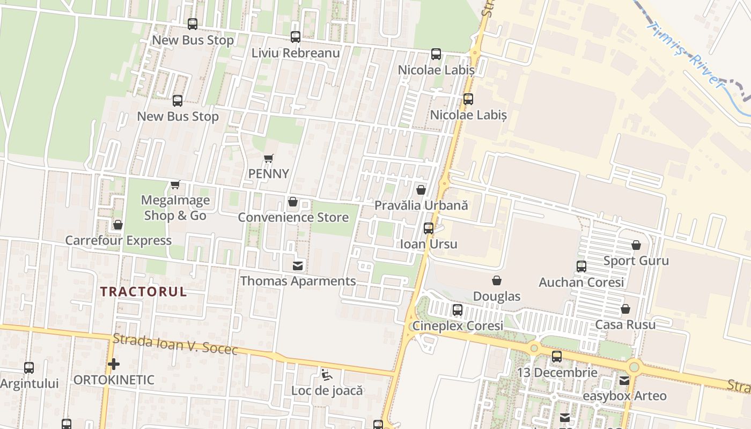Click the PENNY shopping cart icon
269,159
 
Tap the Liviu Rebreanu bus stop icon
296,37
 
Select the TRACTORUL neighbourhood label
144,292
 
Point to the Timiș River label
685,54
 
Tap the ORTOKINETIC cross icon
113,365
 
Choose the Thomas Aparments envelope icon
297,265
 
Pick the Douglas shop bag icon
497,280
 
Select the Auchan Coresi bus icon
581,267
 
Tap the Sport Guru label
636,261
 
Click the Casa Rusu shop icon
625,309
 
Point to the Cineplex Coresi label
458,326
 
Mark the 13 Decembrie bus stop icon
557,357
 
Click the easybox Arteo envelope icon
624,381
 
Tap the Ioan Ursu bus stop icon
429,228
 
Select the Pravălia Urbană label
421,205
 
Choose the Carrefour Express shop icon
118,225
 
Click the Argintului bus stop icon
29,368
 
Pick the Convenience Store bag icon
293,202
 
